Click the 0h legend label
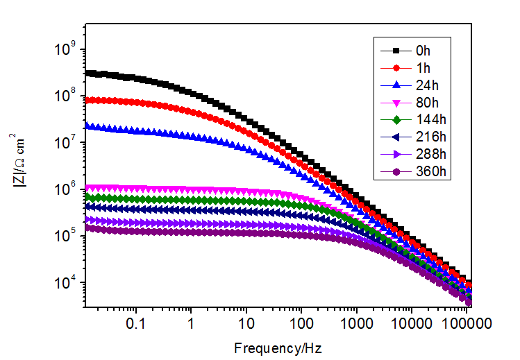pyautogui.click(x=423, y=51)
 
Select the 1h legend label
pyautogui.click(x=423, y=68)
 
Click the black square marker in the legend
pyautogui.click(x=396, y=51)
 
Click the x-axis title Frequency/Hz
pyautogui.click(x=277, y=346)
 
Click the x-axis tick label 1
pyautogui.click(x=190, y=323)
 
